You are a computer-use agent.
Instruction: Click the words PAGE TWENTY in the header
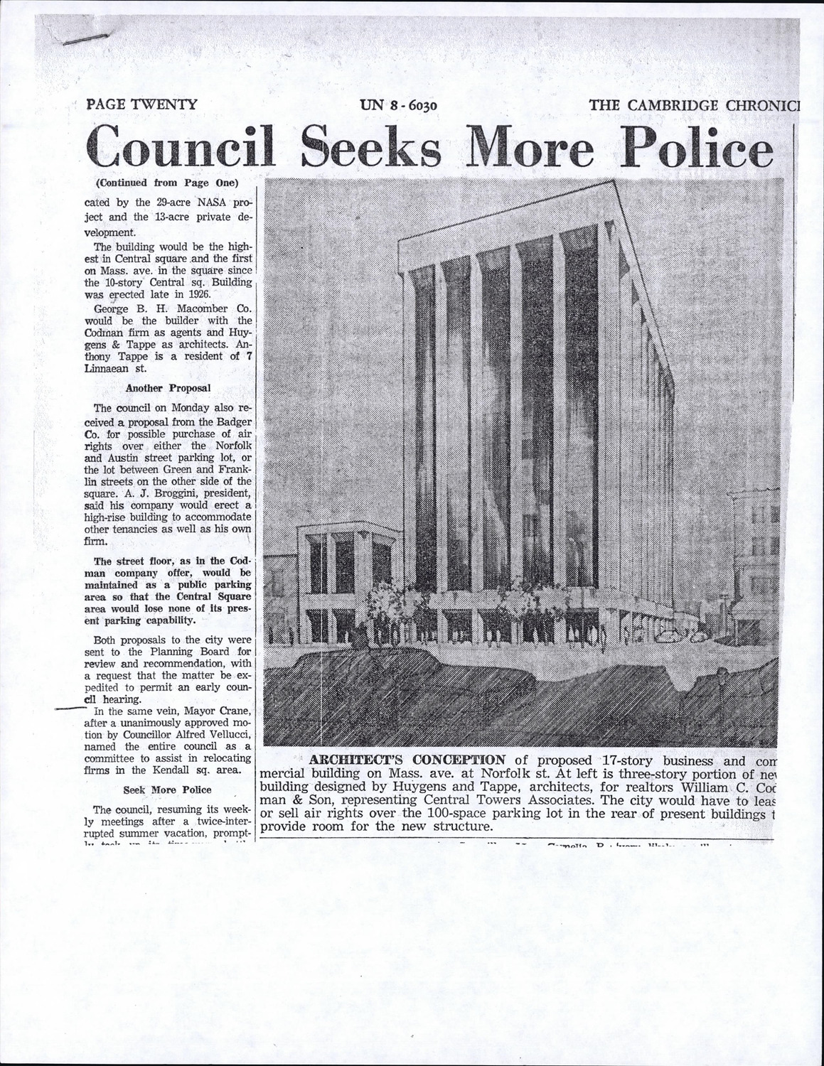click(x=141, y=104)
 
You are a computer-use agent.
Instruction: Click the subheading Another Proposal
click(x=168, y=388)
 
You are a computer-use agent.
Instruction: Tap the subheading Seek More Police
click(x=167, y=790)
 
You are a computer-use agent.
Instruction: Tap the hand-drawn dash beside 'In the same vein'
click(x=69, y=709)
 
